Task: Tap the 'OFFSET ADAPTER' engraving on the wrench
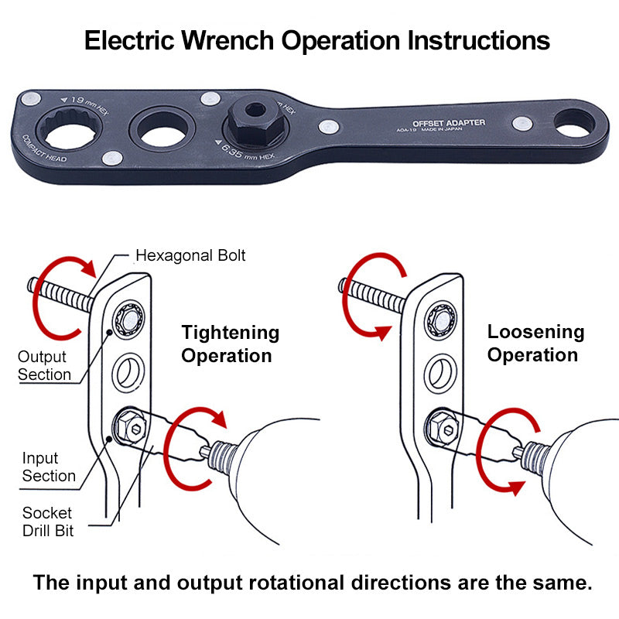[x=449, y=123]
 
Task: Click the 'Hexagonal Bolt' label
[x=190, y=255]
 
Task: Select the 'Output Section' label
[x=44, y=366]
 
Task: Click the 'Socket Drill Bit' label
[x=47, y=522]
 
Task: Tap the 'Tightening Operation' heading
[x=230, y=344]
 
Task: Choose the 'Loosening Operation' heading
[x=535, y=344]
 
